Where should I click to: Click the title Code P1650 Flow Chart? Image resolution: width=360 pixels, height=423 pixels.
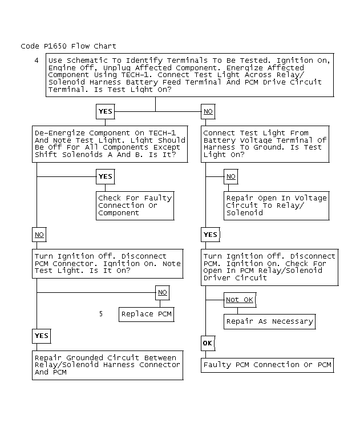[x=68, y=46]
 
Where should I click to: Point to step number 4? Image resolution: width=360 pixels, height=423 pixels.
[x=37, y=60]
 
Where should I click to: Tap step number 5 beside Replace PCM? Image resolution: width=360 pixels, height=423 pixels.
[x=101, y=313]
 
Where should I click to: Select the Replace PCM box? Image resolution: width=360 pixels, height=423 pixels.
[x=145, y=314]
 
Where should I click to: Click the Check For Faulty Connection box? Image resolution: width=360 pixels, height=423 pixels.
[x=135, y=206]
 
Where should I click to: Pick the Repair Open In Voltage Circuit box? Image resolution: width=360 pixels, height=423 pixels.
[x=276, y=206]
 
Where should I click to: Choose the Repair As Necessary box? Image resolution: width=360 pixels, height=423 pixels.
[x=269, y=321]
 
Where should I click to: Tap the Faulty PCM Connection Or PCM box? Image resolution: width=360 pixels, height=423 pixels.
[x=267, y=365]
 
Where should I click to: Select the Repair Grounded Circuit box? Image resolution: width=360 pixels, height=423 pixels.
[x=107, y=365]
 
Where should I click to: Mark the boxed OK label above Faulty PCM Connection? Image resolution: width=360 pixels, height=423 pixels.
[x=207, y=343]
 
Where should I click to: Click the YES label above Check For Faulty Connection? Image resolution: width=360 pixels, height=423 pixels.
[x=105, y=176]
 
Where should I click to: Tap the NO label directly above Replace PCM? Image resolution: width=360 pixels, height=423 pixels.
[x=163, y=292]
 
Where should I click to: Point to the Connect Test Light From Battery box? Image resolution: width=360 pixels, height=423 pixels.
[x=265, y=143]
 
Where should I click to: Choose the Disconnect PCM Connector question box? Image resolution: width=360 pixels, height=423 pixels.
[x=107, y=263]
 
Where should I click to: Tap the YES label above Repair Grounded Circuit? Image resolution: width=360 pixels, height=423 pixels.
[x=41, y=336]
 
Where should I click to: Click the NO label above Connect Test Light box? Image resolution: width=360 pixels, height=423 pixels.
[x=208, y=111]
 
